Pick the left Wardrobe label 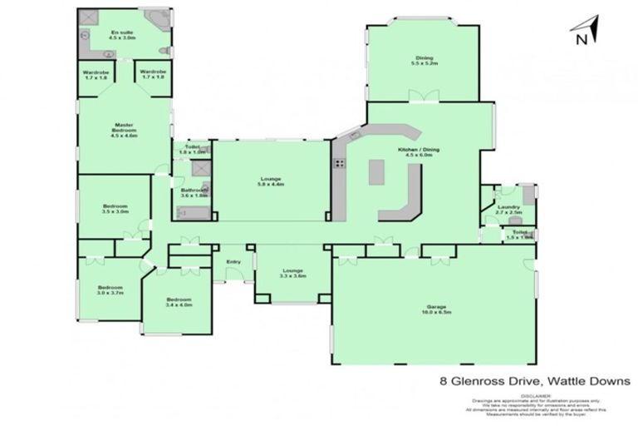[x=96, y=75]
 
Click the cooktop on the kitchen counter [x=339, y=163]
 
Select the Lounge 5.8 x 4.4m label [x=271, y=181]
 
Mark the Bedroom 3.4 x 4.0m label [x=179, y=302]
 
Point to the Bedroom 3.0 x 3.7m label [x=109, y=290]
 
